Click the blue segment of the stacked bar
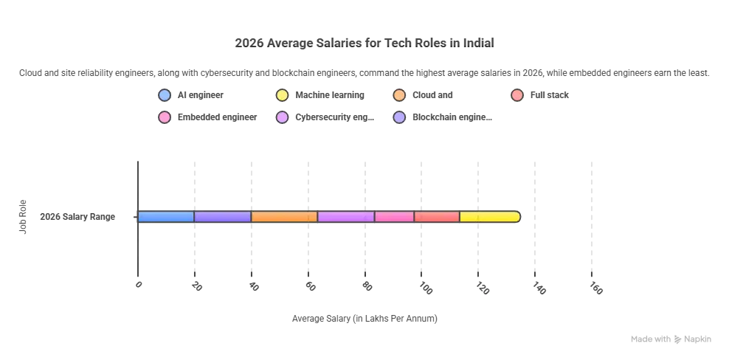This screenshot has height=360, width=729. tap(166, 217)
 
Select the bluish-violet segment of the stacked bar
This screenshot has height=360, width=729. tap(223, 217)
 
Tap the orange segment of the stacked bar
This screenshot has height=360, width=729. tap(284, 217)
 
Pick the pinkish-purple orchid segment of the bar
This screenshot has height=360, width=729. tap(346, 217)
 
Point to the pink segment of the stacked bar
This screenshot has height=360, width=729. tap(395, 217)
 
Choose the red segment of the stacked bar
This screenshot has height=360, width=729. tap(437, 217)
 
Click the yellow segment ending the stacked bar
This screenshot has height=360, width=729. tap(489, 217)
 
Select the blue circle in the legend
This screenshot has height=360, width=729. tap(165, 95)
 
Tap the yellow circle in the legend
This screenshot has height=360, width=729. tap(282, 95)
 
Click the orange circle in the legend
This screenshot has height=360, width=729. tap(399, 95)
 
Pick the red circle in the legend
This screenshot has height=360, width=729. tap(517, 95)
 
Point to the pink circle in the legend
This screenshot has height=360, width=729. tap(165, 117)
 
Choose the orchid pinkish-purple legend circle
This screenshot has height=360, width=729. tap(282, 117)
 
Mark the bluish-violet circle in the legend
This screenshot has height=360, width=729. tap(399, 117)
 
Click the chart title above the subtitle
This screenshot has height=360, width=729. tap(364, 41)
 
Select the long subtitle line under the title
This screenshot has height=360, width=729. tap(364, 72)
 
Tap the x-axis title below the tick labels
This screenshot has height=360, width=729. tap(364, 318)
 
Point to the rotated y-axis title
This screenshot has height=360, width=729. tap(24, 215)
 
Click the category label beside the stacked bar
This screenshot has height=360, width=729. tap(77, 218)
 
